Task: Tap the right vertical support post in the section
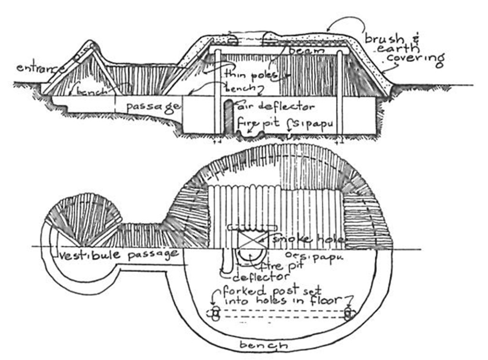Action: [340, 91]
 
